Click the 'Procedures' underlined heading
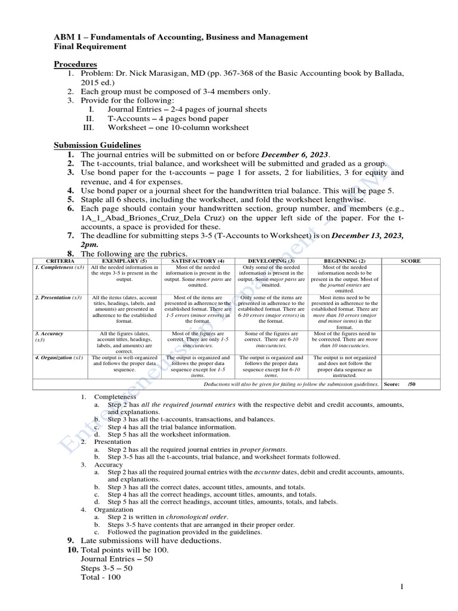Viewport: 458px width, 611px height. pyautogui.click(x=76, y=64)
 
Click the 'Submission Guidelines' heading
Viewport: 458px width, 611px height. pyautogui.click(x=97, y=145)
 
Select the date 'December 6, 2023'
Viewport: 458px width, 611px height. pyautogui.click(x=295, y=155)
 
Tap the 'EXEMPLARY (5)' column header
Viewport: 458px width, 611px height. pyautogui.click(x=124, y=261)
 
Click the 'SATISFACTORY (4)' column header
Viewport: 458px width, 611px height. pyautogui.click(x=197, y=261)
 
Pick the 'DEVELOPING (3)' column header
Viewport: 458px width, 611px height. pyautogui.click(x=271, y=261)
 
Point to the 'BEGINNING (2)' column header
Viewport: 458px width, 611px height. pyautogui.click(x=344, y=261)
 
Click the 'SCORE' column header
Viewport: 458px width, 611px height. pyautogui.click(x=410, y=261)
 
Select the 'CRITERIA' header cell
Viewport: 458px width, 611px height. pyautogui.click(x=60, y=261)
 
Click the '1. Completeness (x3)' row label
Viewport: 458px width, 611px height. pyautogui.click(x=59, y=267)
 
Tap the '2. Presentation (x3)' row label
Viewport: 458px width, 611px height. pyautogui.click(x=58, y=297)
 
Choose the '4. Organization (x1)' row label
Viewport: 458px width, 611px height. pyautogui.click(x=58, y=357)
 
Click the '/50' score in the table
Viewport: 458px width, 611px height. pyautogui.click(x=411, y=384)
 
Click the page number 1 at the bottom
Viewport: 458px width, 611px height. pyautogui.click(x=402, y=588)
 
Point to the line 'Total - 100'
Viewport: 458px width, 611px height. pyautogui.click(x=100, y=578)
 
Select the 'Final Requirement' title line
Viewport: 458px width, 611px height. pyautogui.click(x=90, y=47)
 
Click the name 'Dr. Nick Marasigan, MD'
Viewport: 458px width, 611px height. pyautogui.click(x=159, y=73)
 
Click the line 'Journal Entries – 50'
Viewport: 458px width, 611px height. pyautogui.click(x=116, y=559)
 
